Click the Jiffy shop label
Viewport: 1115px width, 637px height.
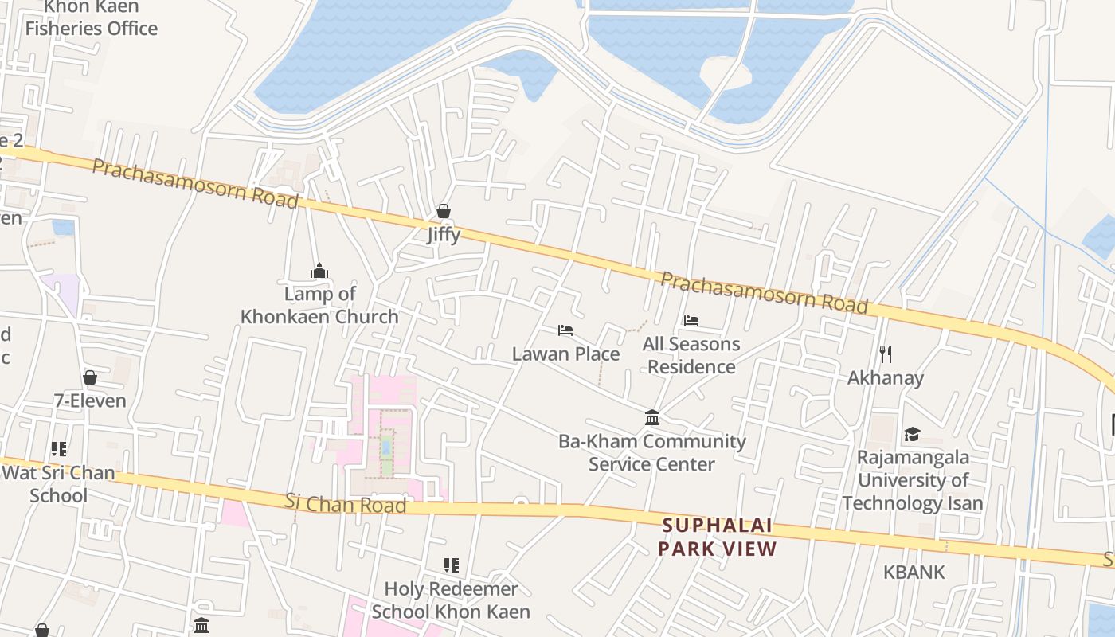pos(444,235)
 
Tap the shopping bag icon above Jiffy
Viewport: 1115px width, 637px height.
pos(444,211)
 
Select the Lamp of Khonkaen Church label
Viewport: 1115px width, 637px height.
pos(319,305)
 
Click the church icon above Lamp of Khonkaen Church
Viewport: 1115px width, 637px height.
pos(319,272)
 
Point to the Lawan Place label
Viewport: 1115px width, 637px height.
pos(565,354)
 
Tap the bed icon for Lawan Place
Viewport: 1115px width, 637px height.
pos(565,330)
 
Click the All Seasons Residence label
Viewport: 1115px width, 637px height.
pos(691,355)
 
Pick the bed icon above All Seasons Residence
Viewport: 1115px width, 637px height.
pos(691,321)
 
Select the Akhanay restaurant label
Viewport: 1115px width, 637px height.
pos(886,377)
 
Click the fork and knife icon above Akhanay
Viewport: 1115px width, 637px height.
pos(886,354)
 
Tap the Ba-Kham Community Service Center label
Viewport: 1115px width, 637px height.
pos(652,452)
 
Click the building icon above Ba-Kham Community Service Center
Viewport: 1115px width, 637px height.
pos(652,417)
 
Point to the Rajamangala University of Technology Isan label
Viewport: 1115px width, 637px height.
pos(913,480)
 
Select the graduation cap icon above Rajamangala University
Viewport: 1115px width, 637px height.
pos(913,434)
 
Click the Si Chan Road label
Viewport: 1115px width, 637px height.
pos(346,503)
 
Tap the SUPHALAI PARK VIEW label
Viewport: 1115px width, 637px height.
pos(717,537)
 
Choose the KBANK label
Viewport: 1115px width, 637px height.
pos(914,572)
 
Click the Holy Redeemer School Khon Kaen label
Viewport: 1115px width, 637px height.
pos(451,600)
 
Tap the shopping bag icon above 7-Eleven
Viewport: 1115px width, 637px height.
pos(90,377)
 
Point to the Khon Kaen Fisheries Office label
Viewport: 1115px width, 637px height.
pos(92,18)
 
